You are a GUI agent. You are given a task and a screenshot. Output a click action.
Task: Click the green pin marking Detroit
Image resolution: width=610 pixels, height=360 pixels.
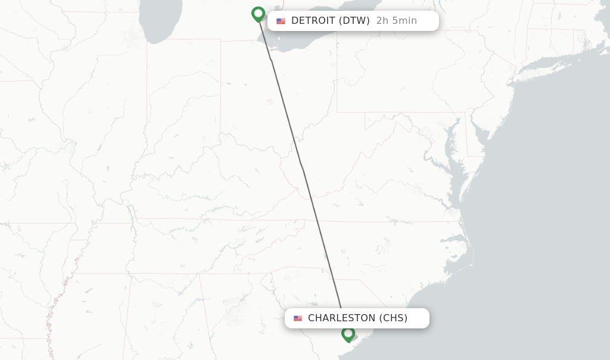click(x=258, y=14)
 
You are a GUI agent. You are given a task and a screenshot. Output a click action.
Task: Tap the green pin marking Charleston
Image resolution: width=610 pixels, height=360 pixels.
click(x=348, y=334)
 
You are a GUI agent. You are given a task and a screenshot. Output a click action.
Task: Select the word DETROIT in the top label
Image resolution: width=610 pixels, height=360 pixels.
click(x=313, y=21)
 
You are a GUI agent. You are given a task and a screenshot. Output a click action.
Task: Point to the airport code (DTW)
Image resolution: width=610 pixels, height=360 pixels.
click(x=354, y=21)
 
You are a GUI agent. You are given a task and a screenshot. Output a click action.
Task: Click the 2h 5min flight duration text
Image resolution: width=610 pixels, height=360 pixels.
click(x=396, y=21)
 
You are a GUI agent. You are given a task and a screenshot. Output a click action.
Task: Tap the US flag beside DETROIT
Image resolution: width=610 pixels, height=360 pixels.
click(x=281, y=21)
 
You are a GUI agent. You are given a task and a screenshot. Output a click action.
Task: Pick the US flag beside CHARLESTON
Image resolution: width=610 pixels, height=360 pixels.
click(x=298, y=318)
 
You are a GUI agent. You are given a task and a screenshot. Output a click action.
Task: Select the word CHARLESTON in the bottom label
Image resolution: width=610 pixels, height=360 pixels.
click(x=341, y=318)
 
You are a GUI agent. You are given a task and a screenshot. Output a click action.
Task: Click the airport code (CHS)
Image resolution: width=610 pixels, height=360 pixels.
click(x=393, y=318)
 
